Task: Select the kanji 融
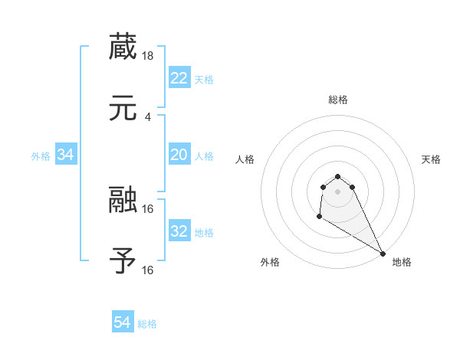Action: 123,199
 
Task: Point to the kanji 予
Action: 123,260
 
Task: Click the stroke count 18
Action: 149,55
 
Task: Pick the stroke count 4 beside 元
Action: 148,116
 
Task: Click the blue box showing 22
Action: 179,78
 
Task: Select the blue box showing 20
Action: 179,155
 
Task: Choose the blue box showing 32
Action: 179,231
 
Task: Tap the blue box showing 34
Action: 66,155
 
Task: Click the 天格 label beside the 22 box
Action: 204,79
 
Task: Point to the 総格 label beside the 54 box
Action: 147,323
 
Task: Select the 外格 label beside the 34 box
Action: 41,155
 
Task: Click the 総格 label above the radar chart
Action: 337,100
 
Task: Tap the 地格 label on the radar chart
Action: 402,263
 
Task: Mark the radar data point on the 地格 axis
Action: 383,254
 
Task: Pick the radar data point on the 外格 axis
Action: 319,217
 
